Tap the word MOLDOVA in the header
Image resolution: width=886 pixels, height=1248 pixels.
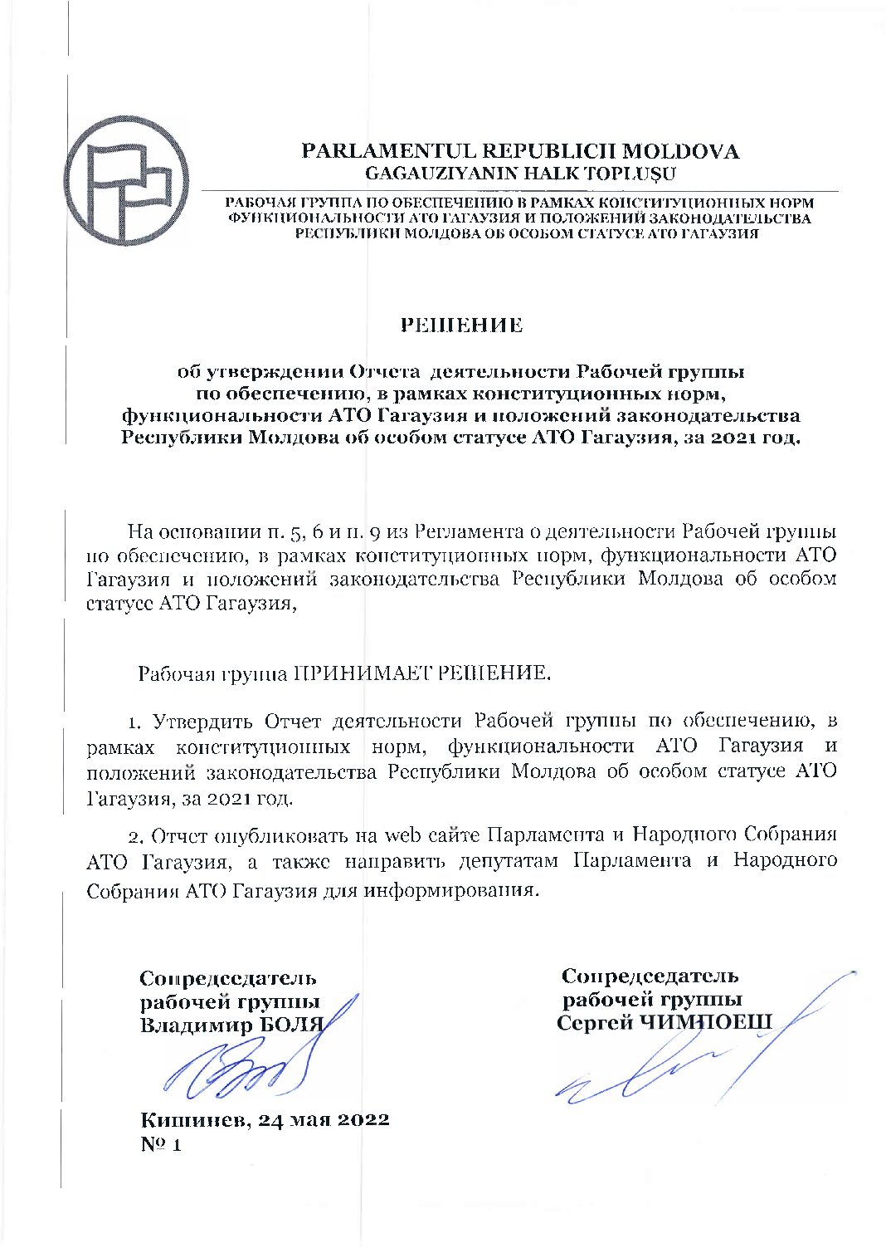(x=680, y=152)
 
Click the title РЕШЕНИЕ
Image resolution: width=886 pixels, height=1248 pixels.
(x=462, y=325)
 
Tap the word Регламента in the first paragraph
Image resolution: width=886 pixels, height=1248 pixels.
(x=468, y=531)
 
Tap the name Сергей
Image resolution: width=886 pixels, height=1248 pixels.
(x=594, y=1022)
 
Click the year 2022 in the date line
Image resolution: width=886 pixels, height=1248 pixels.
(x=361, y=1119)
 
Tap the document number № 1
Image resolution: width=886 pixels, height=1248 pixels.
(x=161, y=1144)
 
